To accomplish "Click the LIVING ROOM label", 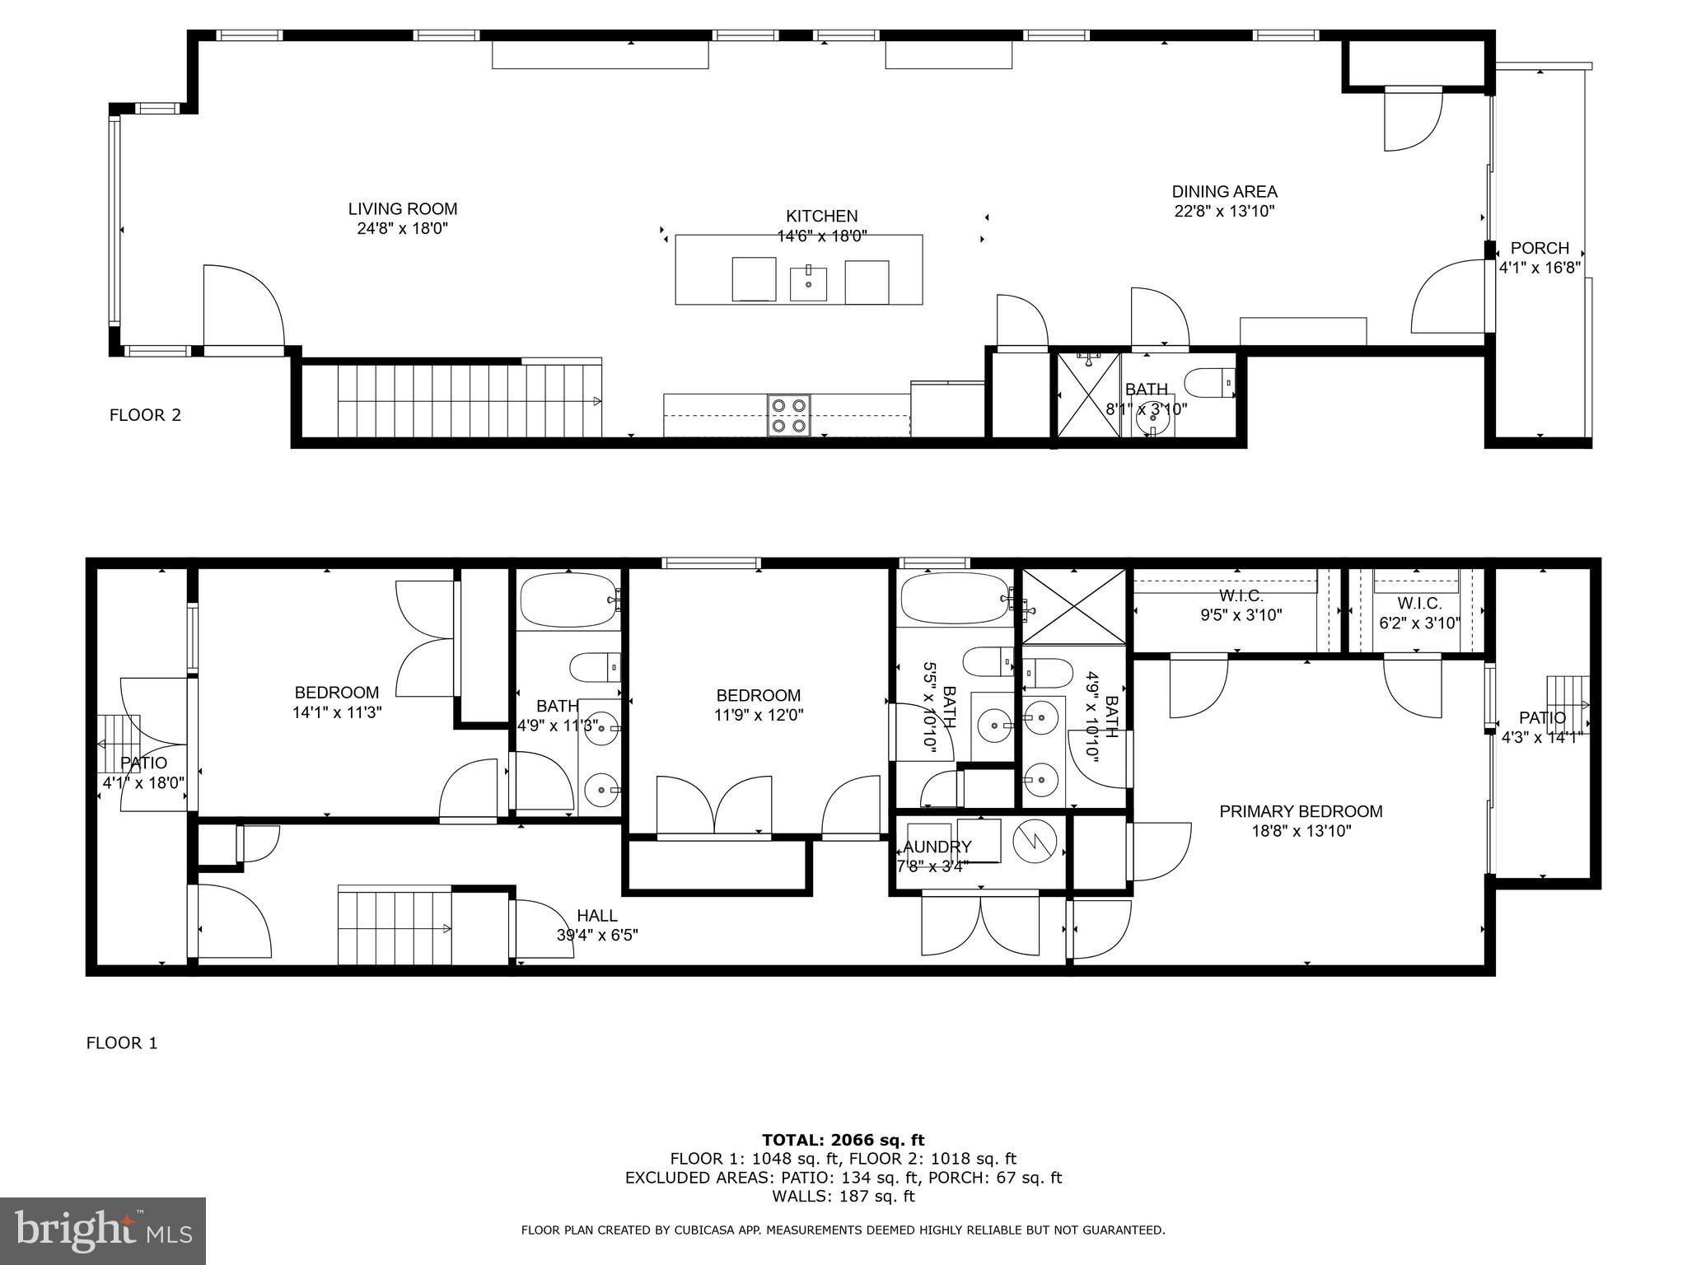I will (x=402, y=209).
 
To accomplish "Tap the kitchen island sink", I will (x=808, y=283).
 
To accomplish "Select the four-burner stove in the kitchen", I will (x=789, y=415).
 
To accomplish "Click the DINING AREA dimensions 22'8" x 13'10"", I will (x=1224, y=211).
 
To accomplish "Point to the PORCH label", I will (x=1539, y=248).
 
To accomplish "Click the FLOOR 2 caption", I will (x=145, y=415).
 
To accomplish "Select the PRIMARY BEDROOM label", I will (x=1301, y=811).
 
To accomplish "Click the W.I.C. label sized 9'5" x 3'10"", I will (x=1241, y=595).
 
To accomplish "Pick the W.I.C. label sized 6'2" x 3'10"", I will (x=1419, y=604).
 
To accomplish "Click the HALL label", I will (x=596, y=915).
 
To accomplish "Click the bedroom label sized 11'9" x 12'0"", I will (x=758, y=695).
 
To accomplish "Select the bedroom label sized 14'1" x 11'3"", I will (x=336, y=693).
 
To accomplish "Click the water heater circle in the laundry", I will (x=1035, y=841).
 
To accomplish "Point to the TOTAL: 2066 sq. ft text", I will (x=843, y=1140).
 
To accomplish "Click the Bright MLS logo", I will (x=103, y=1230).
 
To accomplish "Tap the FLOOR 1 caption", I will (x=122, y=1043).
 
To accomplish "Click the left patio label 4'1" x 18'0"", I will (x=143, y=763).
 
